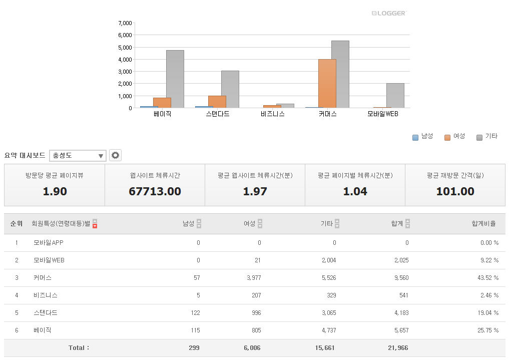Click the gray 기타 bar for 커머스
340,74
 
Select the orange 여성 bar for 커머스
327,83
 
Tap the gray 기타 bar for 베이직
175,79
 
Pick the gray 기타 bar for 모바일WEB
395,95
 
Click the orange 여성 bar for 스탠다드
217,102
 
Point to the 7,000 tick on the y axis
125,23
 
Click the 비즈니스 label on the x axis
272,114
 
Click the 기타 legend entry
486,137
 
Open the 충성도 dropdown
78,156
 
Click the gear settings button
116,155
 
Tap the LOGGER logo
389,13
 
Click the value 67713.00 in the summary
155,191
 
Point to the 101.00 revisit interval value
455,191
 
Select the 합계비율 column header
483,224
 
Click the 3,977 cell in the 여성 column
254,278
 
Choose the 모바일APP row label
49,243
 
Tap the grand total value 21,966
397,347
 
